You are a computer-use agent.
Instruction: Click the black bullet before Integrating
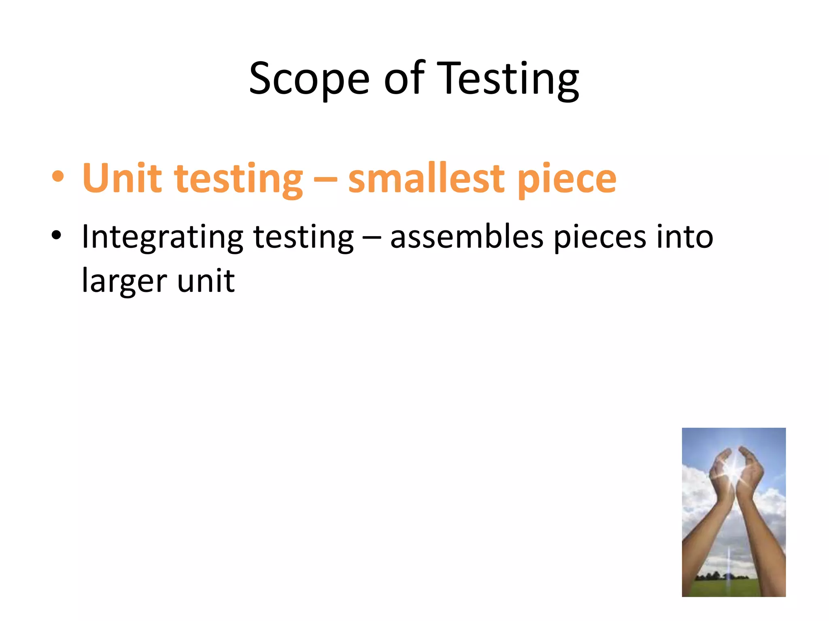56,235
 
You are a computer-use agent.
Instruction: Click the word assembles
466,237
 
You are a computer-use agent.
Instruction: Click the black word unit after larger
206,281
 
